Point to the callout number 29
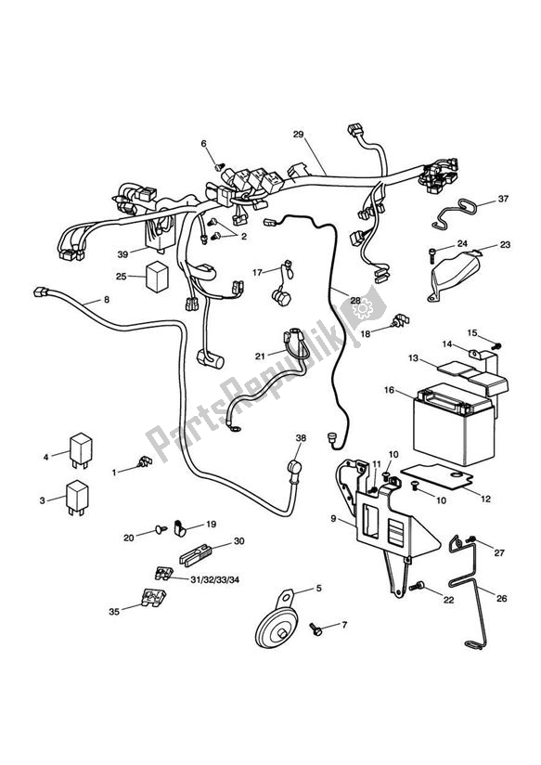[x=299, y=136]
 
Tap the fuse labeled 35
[x=152, y=602]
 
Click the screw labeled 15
[x=494, y=346]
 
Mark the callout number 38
[x=300, y=437]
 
